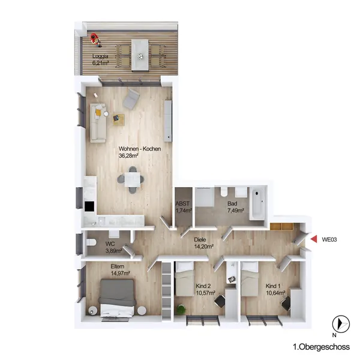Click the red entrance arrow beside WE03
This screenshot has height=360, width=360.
coord(314,239)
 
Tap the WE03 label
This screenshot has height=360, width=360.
coord(329,239)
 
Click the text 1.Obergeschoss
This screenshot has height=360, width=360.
coord(322,347)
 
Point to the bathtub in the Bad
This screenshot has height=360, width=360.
coord(258,203)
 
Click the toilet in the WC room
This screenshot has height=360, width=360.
coord(91,242)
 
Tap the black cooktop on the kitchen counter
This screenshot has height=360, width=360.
coord(89,206)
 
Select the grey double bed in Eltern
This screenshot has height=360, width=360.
coord(117,298)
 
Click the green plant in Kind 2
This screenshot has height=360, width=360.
coord(181,309)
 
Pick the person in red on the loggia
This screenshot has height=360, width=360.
coord(95,40)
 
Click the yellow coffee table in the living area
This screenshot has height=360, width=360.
coord(118,119)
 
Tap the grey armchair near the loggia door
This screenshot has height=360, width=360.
coord(131,99)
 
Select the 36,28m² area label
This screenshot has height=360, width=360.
coord(128,155)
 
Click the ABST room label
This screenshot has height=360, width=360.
coord(182,203)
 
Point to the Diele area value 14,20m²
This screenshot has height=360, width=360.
coord(204,247)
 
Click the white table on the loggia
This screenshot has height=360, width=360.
coord(140,55)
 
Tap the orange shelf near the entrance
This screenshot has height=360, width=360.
coord(282,226)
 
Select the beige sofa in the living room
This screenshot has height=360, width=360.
coord(98,123)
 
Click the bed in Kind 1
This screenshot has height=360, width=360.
coord(250,279)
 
